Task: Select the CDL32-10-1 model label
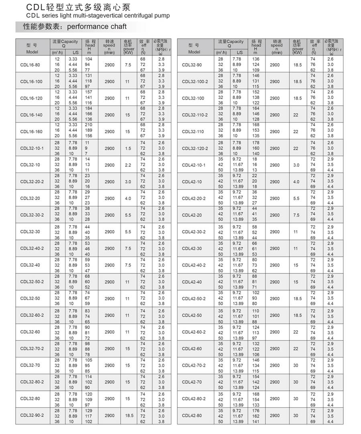point(32,149)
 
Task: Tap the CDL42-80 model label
point(192,416)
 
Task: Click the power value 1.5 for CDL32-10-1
point(128,149)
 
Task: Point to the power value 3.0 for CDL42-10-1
point(296,165)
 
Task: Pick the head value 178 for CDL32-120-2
point(256,143)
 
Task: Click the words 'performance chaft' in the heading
point(97,26)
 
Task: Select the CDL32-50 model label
point(30,299)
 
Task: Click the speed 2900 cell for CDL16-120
point(110,98)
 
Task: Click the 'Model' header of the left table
point(32,52)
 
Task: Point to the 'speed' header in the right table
point(276,45)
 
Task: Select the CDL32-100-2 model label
point(195,82)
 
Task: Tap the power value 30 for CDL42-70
point(296,382)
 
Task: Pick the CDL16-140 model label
point(31,115)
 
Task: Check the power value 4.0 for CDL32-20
point(128,199)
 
